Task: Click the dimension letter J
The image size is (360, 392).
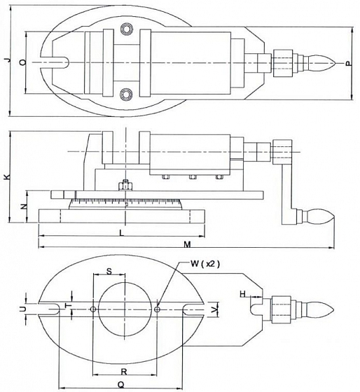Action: (x=6, y=62)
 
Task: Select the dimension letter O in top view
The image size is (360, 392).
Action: (x=22, y=62)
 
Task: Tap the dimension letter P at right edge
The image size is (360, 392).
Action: (x=347, y=63)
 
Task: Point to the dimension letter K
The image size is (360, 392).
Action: (x=6, y=178)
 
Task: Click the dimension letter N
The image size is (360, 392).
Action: (x=22, y=207)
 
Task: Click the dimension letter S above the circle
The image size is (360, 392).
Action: (x=109, y=269)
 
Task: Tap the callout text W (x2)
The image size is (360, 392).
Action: (x=205, y=264)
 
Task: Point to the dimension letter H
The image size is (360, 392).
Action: (x=243, y=294)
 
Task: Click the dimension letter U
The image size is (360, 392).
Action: (x=22, y=308)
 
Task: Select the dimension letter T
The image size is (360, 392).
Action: (x=67, y=307)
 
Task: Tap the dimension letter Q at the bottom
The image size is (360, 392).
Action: (x=120, y=384)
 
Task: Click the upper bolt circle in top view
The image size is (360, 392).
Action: (x=126, y=29)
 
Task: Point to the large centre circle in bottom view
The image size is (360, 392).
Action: (x=124, y=308)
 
